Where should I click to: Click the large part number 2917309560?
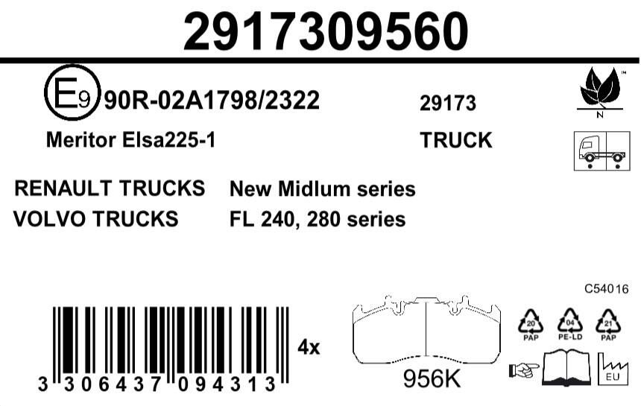326,31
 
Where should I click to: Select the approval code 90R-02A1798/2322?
212,100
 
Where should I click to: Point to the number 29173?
448,104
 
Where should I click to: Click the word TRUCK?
456,140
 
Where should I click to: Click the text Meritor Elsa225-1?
130,140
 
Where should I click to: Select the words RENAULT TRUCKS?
110,188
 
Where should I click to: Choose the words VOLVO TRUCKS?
96,219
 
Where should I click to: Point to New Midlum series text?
322,189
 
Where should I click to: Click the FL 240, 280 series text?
318,220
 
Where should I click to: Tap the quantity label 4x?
309,347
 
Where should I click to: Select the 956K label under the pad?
432,379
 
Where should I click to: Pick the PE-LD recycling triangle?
569,322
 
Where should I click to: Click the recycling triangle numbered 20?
530,322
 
